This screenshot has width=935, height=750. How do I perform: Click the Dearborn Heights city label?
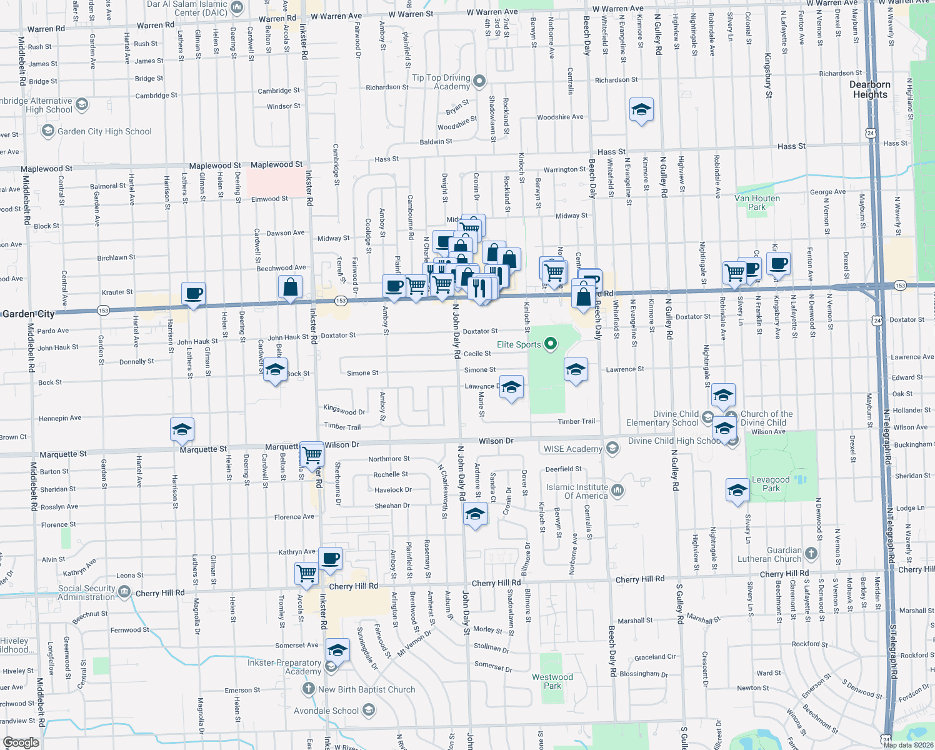tap(870, 89)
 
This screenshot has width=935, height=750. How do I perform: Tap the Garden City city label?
tap(29, 314)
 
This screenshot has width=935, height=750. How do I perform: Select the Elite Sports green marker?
tap(551, 344)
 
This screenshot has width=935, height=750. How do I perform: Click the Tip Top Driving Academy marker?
tap(479, 81)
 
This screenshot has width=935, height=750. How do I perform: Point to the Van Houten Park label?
tap(757, 202)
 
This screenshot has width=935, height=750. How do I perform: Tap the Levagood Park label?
tap(771, 484)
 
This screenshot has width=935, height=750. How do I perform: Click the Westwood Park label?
tap(552, 681)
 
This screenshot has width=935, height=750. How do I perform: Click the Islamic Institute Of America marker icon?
tap(617, 491)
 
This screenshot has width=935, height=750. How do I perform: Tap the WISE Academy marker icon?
tap(612, 448)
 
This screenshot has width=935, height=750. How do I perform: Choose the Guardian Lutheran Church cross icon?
tap(811, 553)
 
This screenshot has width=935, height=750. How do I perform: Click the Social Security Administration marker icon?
tap(124, 592)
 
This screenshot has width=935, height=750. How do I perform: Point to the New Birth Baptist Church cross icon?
tap(308, 689)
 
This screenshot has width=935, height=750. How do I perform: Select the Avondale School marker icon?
tap(369, 710)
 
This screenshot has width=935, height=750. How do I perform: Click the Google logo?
tap(21, 742)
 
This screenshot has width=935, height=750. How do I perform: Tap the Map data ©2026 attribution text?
tap(908, 745)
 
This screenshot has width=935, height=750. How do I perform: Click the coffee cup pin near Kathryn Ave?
tap(330, 558)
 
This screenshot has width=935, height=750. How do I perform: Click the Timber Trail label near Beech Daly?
tap(576, 421)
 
